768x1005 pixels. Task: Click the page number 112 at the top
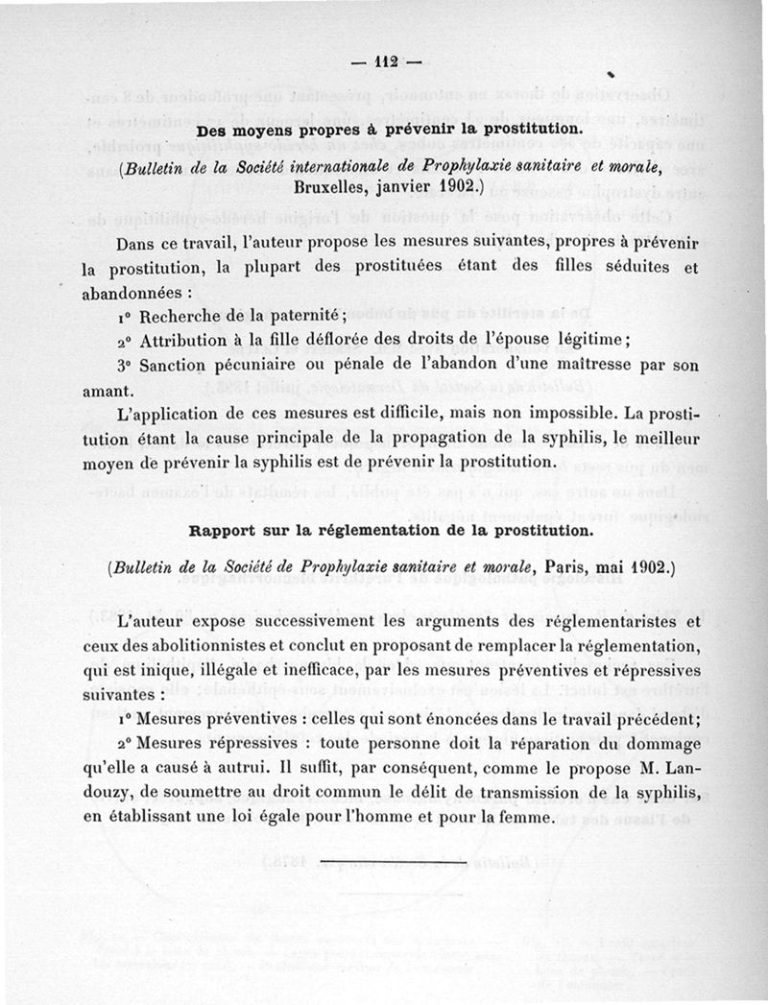pyautogui.click(x=387, y=64)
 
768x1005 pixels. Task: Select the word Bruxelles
pyautogui.click(x=337, y=187)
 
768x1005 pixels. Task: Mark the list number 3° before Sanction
pyautogui.click(x=124, y=366)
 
